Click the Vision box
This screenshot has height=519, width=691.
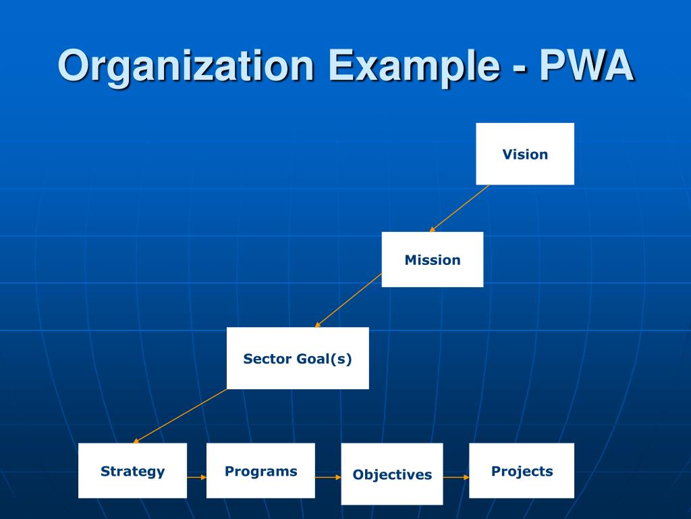coord(525,154)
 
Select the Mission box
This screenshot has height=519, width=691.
coord(433,259)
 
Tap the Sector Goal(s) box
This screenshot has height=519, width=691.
coord(298,358)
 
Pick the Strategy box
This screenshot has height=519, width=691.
coord(132,471)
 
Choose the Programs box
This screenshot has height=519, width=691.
coord(260,471)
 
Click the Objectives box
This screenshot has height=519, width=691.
coord(392,474)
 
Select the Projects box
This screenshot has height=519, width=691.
coord(522,471)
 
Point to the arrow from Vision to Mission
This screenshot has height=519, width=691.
coord(460,208)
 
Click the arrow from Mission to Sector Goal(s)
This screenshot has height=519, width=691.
coord(348,300)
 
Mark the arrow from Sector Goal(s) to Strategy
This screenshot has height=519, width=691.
coord(179,416)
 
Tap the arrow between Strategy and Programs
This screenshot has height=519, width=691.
coord(196,477)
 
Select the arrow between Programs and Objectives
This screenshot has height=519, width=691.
coord(328,477)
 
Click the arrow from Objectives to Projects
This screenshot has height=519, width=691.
coord(456,477)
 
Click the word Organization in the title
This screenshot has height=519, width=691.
coord(186,68)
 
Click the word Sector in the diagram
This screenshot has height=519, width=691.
coord(267,359)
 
